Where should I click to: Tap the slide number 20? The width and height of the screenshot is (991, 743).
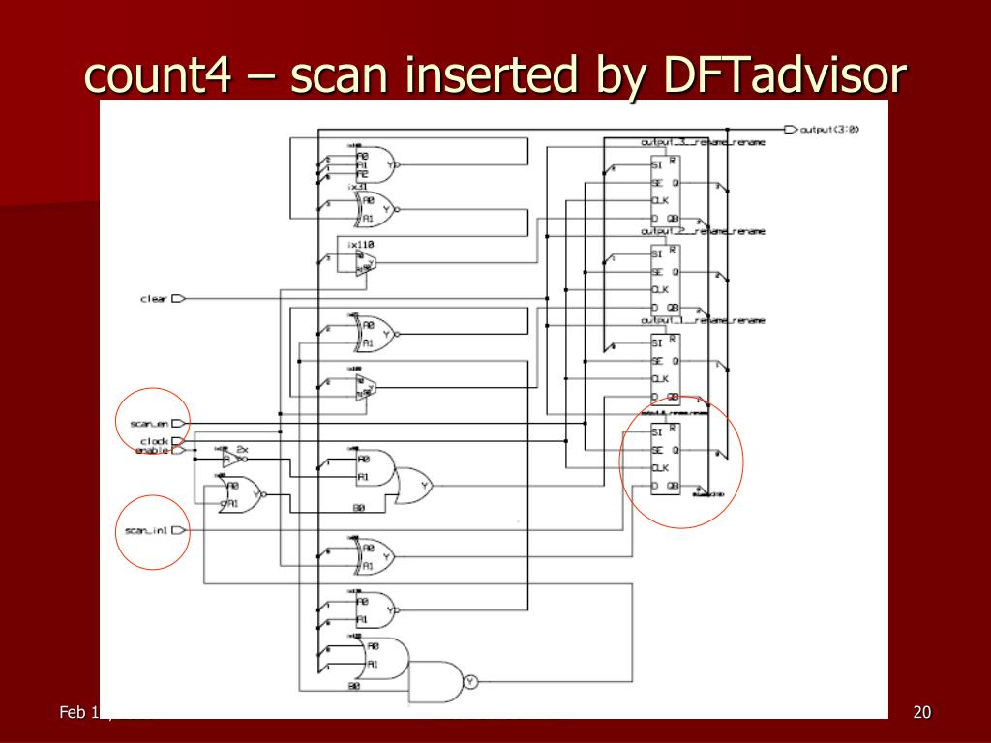(x=921, y=713)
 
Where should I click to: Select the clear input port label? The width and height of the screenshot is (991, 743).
(x=154, y=299)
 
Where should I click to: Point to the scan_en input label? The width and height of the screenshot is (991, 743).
(x=149, y=423)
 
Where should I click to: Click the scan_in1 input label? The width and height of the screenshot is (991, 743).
(x=147, y=530)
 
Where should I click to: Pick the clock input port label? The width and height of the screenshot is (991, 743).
(x=154, y=441)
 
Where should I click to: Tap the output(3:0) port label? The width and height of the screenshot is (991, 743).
(x=829, y=129)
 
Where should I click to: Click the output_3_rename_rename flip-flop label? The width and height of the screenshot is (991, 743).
(x=703, y=142)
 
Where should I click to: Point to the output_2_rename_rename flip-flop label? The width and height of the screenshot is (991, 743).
(x=703, y=231)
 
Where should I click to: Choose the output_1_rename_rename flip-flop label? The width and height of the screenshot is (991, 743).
(x=703, y=320)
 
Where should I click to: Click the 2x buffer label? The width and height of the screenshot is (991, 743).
(x=242, y=450)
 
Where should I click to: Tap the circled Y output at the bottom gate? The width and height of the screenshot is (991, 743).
(x=470, y=681)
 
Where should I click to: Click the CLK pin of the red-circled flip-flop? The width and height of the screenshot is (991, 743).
(x=661, y=468)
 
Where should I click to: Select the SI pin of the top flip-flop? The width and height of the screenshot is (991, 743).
(x=657, y=164)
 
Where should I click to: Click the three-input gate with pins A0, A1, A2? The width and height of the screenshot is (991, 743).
(x=375, y=164)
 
